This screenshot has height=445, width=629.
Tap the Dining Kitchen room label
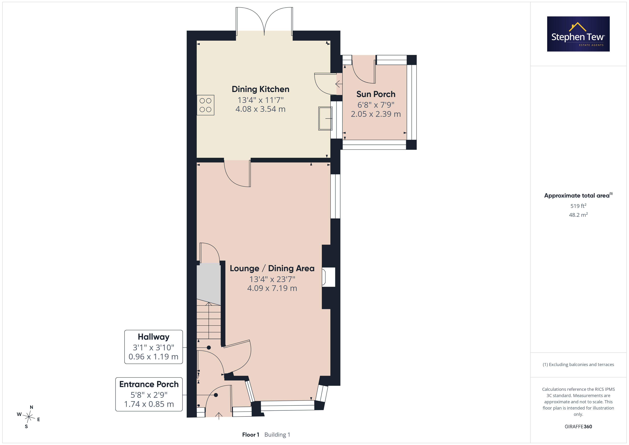point(260,89)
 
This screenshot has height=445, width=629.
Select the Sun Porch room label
point(376,94)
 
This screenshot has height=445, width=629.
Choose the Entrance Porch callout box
point(149,394)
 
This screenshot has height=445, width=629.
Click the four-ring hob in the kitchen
point(205,105)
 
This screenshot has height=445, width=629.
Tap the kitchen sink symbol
point(325,118)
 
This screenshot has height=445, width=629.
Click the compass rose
point(29,417)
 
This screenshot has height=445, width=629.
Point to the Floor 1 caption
point(250,435)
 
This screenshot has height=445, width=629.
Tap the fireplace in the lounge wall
point(328,277)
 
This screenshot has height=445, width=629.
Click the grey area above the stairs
point(208,284)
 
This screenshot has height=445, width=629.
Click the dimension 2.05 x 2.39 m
point(376,114)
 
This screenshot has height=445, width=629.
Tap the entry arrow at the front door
point(219,416)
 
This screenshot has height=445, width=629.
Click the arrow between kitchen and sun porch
point(339,84)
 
